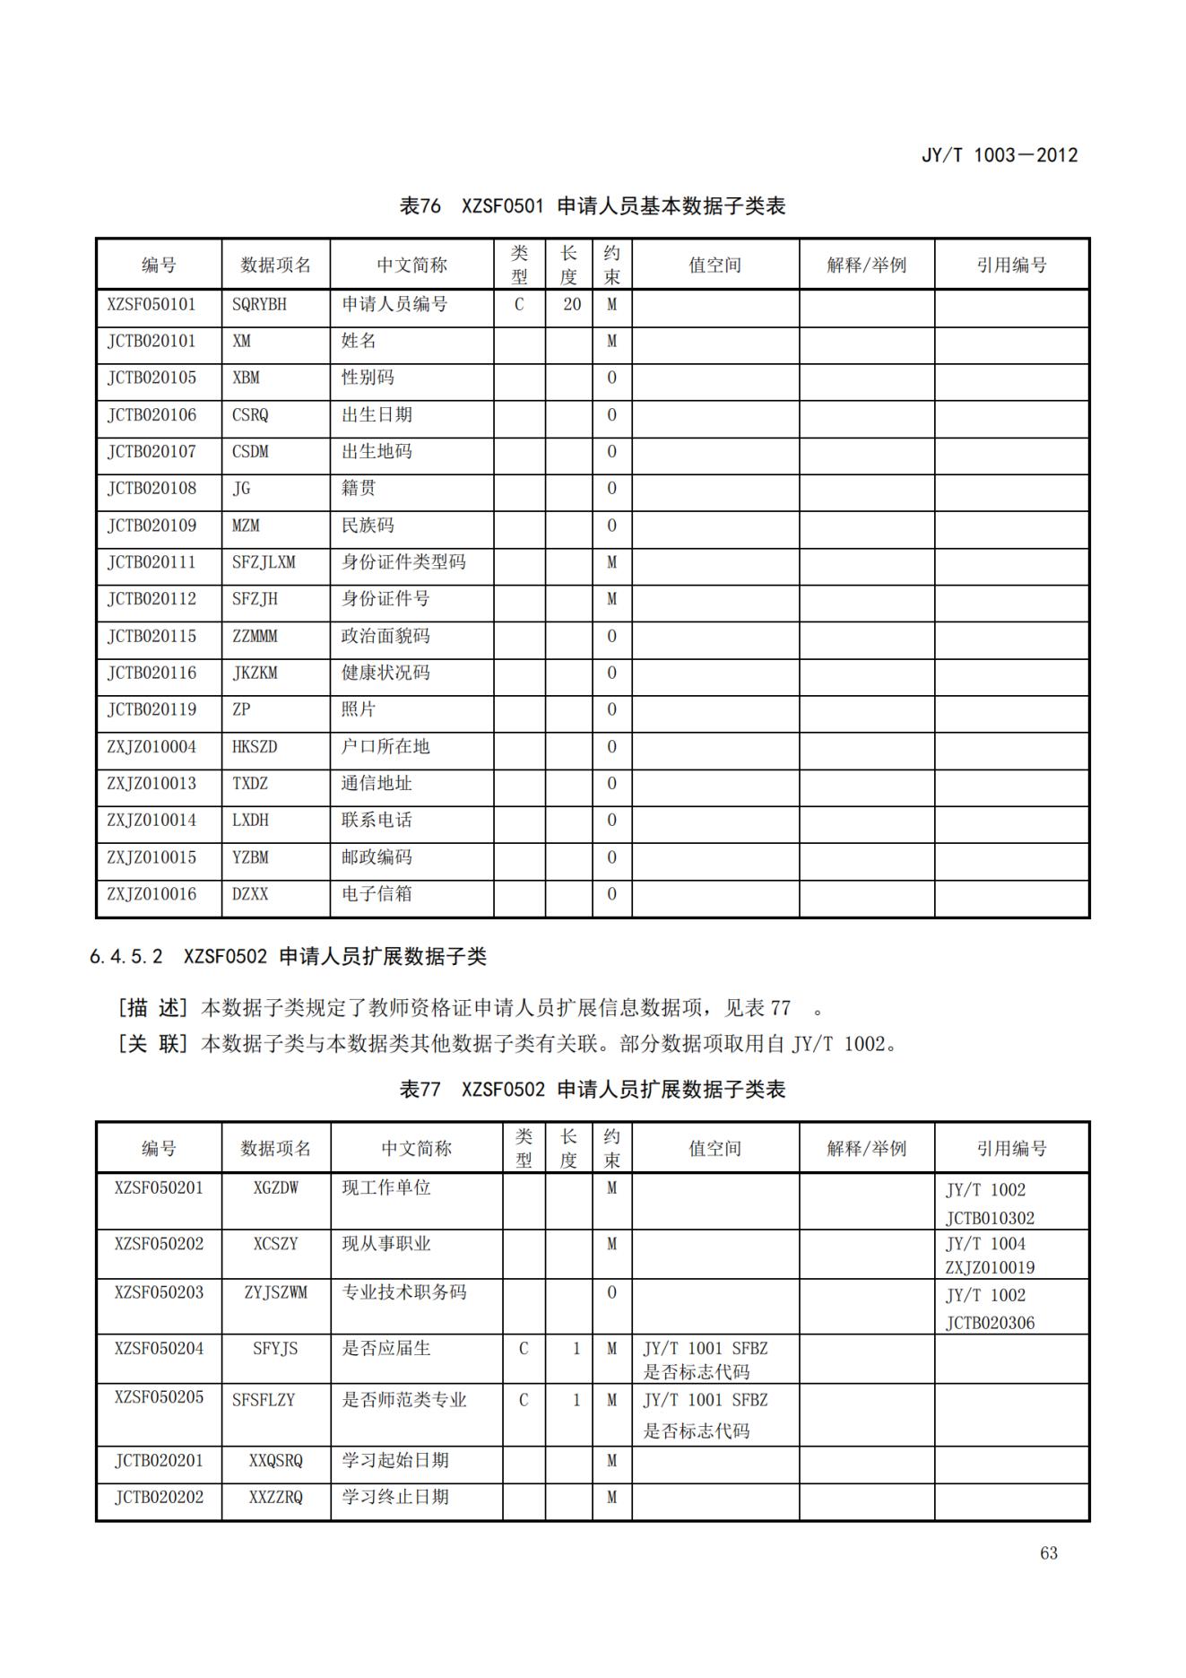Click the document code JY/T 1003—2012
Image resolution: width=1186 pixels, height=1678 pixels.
pos(999,155)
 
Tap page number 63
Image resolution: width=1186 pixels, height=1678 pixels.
pos(1049,1553)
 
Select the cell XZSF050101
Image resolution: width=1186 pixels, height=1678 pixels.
pos(151,304)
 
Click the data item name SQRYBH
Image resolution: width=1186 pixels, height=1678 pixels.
pos(259,304)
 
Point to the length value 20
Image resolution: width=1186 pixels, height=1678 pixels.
pos(572,304)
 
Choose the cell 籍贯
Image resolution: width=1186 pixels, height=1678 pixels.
pos(359,488)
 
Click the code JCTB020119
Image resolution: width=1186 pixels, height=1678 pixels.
pos(151,709)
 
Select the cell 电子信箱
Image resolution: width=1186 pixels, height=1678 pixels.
pos(377,893)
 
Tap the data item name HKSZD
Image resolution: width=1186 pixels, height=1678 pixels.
pos(255,746)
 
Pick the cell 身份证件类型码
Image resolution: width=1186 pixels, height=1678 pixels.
pos(403,562)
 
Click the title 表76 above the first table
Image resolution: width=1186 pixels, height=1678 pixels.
pos(420,206)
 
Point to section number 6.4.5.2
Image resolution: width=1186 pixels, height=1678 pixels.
pos(126,957)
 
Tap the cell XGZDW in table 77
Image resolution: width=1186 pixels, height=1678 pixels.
pos(275,1188)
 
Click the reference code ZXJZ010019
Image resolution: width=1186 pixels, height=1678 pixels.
pos(990,1267)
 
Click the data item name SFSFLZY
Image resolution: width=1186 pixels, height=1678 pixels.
pos(264,1399)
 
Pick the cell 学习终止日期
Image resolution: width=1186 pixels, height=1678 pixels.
pos(394,1497)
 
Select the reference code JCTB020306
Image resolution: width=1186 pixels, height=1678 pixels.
pos(990,1323)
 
